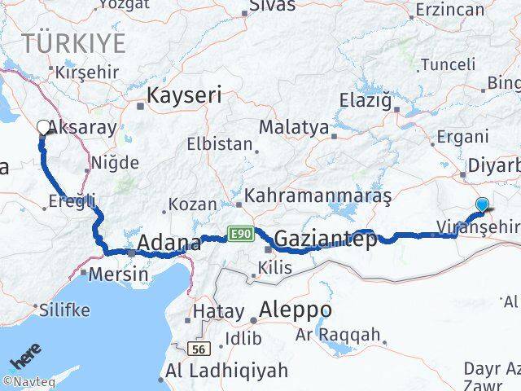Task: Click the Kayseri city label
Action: (183, 94)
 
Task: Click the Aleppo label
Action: (296, 310)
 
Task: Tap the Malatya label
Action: (294, 128)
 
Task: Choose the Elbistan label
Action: (220, 143)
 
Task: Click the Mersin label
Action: (119, 274)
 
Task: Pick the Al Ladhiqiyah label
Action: (226, 371)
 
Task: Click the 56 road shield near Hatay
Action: (197, 349)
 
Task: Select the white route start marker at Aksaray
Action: (43, 126)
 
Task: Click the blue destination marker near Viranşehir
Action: (483, 205)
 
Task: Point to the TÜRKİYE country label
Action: (73, 42)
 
